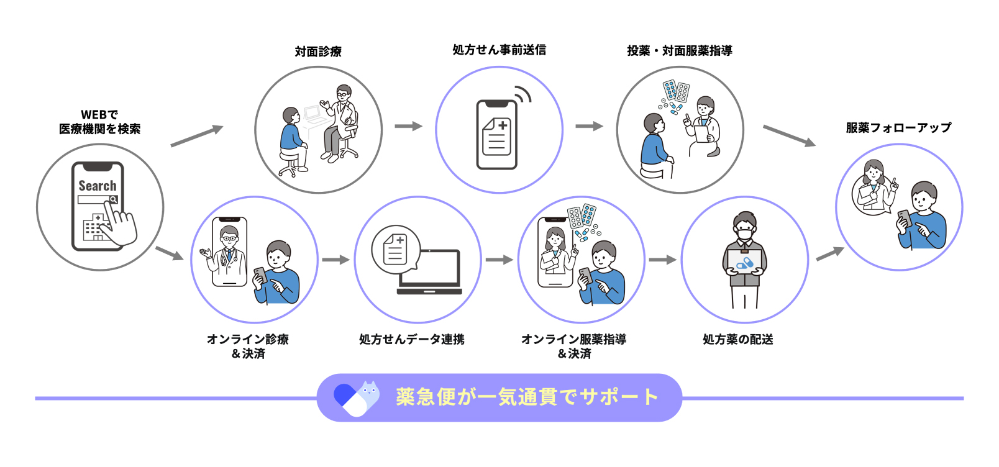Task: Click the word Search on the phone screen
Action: click(97, 186)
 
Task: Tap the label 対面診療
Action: click(318, 52)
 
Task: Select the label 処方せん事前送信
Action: click(499, 50)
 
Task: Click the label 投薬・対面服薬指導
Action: click(679, 50)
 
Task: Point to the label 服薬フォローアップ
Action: click(898, 128)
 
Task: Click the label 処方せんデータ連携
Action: click(411, 339)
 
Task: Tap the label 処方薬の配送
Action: click(737, 339)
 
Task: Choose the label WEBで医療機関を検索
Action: click(99, 122)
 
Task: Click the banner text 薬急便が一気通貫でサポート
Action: click(527, 397)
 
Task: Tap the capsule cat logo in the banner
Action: click(356, 397)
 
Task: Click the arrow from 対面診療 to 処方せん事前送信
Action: click(408, 126)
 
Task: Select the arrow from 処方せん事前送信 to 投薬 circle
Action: click(589, 126)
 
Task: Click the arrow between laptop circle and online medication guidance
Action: click(499, 260)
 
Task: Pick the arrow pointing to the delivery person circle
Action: click(662, 260)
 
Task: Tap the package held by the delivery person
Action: click(744, 263)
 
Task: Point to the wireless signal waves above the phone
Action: click(524, 94)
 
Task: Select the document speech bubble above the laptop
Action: click(396, 248)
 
